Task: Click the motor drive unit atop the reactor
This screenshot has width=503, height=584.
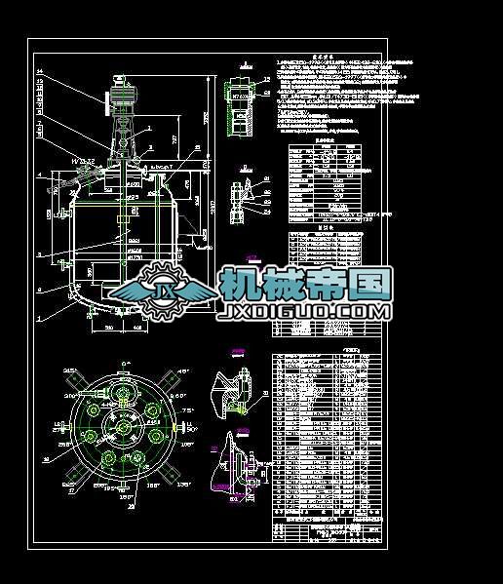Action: [x=124, y=96]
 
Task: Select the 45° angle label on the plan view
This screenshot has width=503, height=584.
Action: [x=181, y=372]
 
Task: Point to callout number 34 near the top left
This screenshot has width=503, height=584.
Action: [x=40, y=71]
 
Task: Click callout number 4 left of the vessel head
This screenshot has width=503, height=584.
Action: [x=40, y=175]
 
